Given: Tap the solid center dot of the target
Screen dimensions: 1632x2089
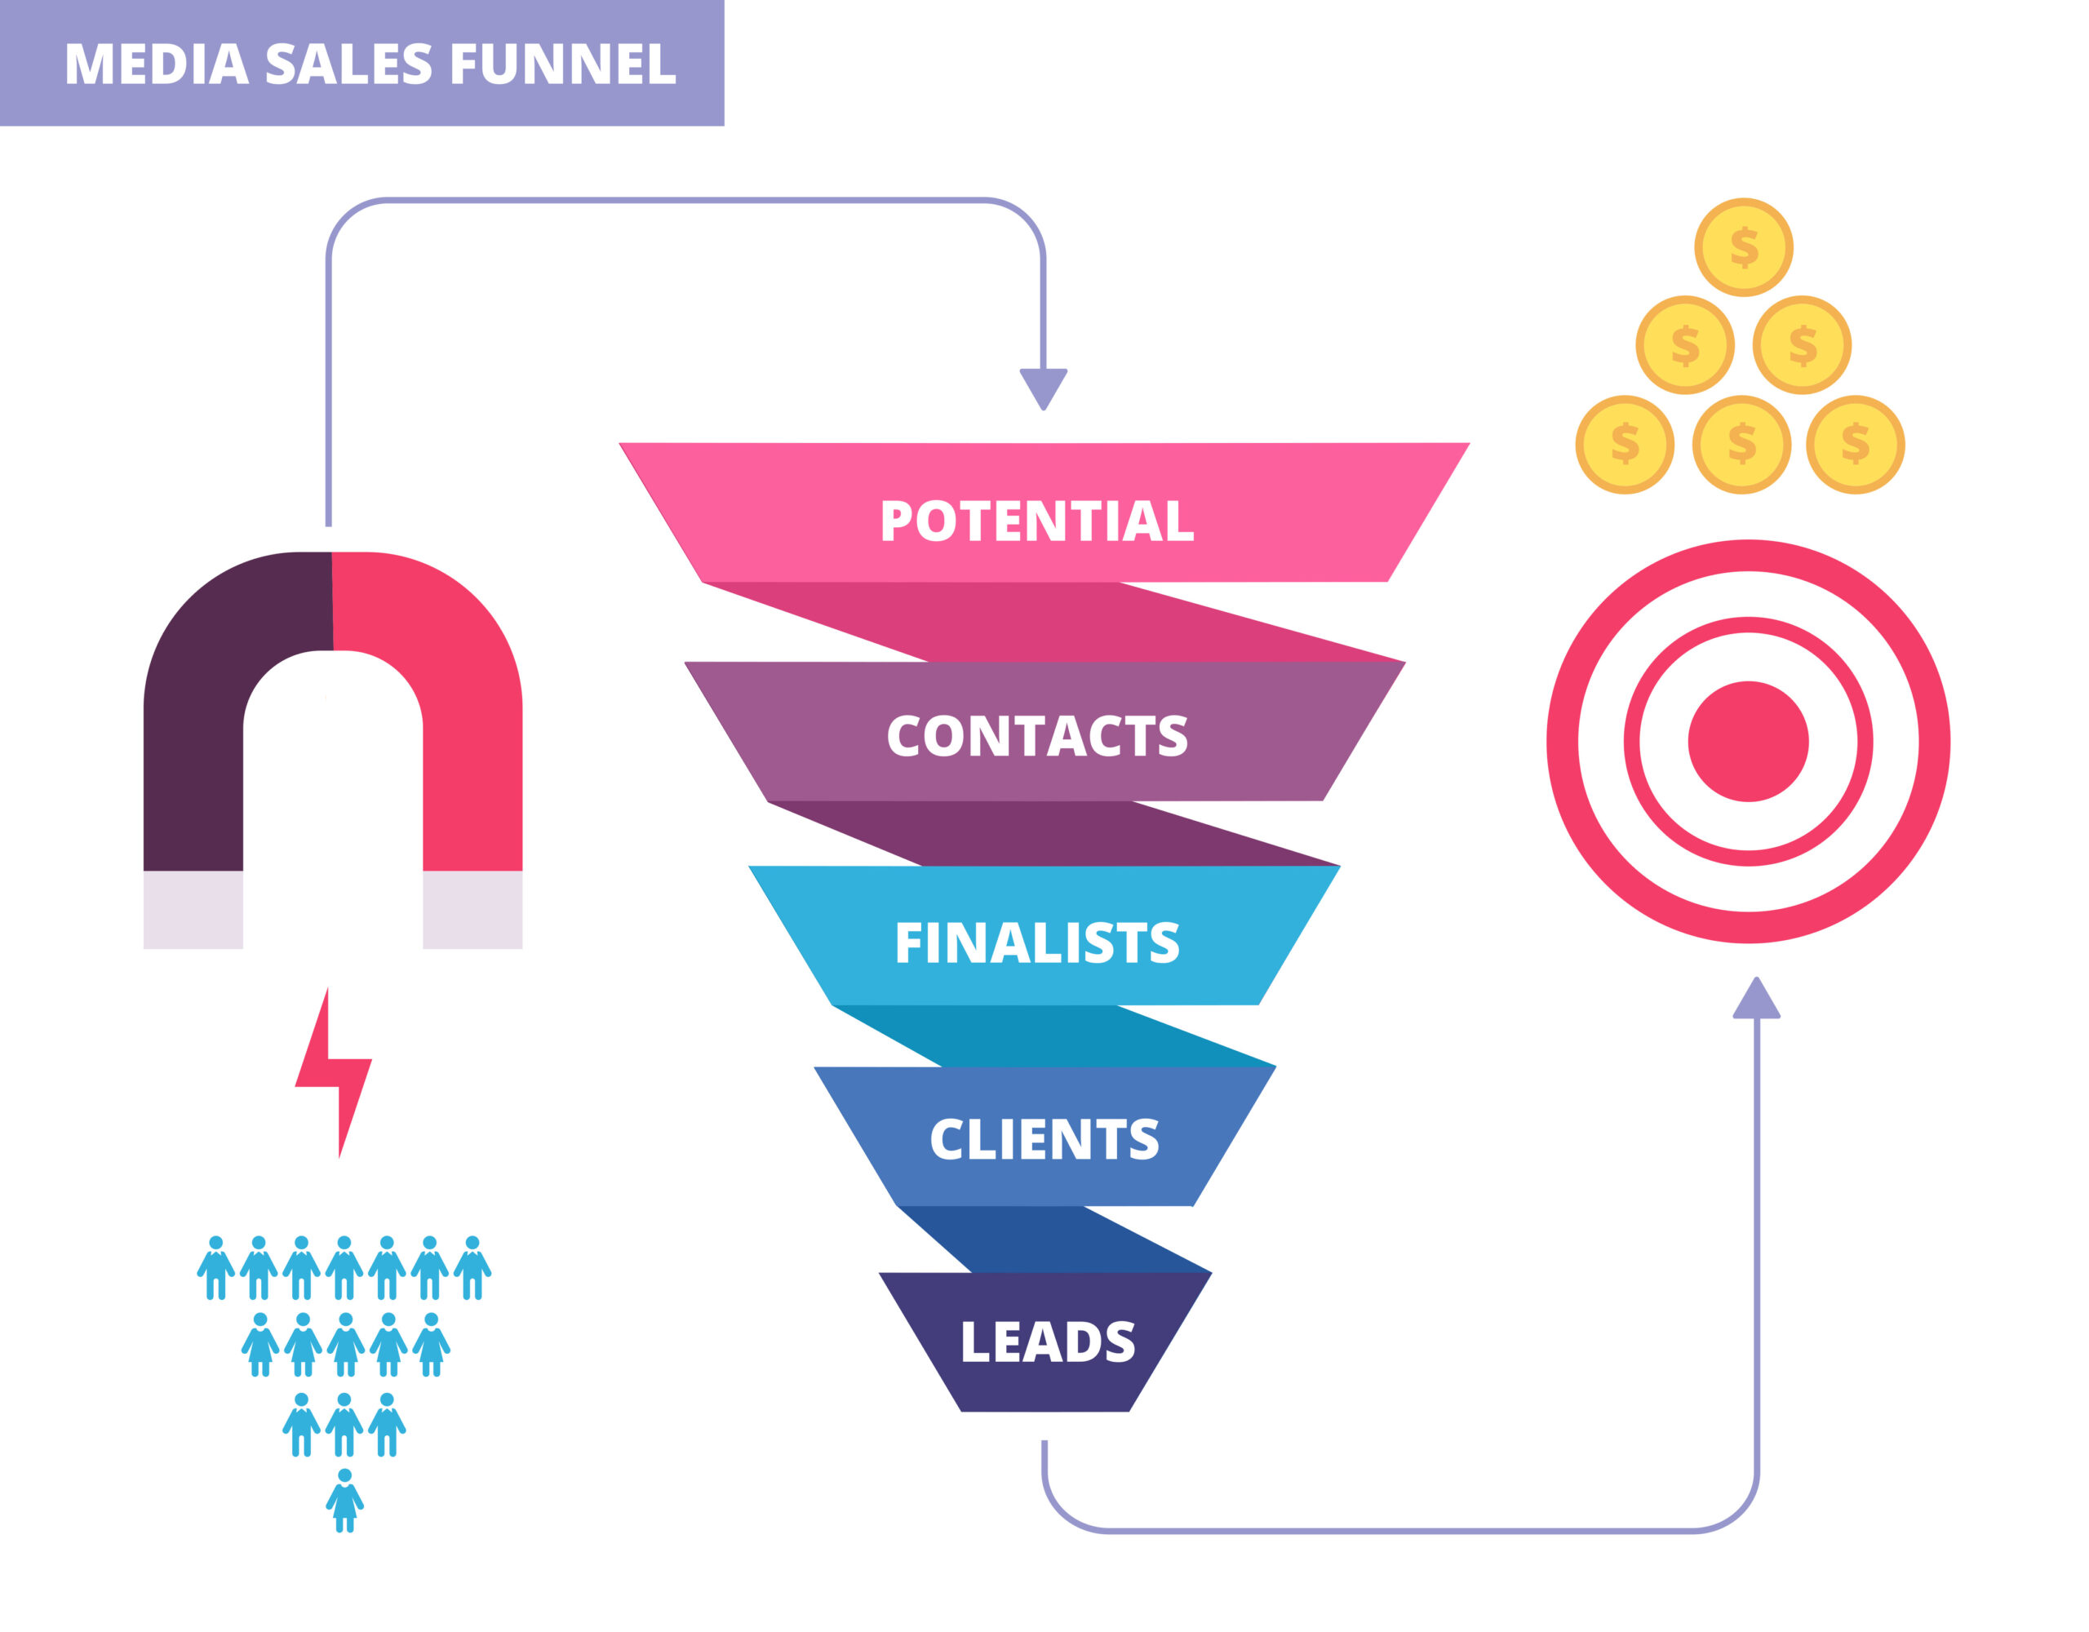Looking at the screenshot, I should coord(1748,742).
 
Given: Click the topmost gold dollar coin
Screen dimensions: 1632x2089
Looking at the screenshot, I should coord(1744,246).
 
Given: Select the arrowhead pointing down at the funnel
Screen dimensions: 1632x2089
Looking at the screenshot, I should coord(1043,388).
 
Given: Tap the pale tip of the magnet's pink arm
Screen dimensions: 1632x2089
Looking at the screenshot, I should coord(472,910).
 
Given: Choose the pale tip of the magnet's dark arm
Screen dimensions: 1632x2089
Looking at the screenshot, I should coord(193,910).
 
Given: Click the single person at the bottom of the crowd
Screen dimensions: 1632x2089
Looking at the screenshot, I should coord(344,1500).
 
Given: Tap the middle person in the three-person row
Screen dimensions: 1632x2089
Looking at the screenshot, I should coord(344,1425).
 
